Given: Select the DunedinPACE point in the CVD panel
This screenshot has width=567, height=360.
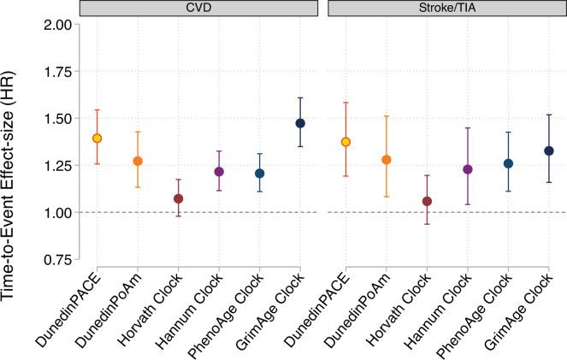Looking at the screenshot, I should pyautogui.click(x=97, y=138).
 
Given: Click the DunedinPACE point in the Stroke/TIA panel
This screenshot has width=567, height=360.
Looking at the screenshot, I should pyautogui.click(x=346, y=142).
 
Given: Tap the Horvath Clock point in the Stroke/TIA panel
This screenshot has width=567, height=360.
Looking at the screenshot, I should pyautogui.click(x=427, y=201).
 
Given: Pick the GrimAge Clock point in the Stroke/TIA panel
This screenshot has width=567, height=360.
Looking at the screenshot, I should pyautogui.click(x=549, y=150).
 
